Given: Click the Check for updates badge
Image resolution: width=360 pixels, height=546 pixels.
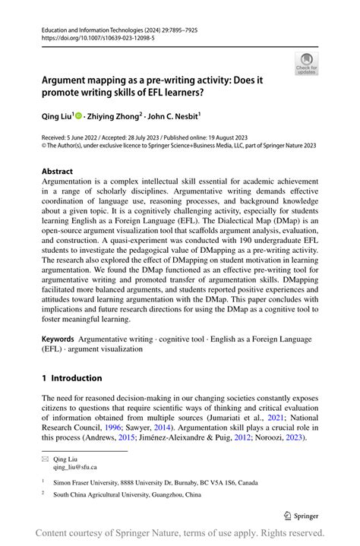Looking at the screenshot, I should pyautogui.click(x=306, y=64).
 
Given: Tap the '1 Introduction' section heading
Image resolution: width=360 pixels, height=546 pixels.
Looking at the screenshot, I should pyautogui.click(x=71, y=378).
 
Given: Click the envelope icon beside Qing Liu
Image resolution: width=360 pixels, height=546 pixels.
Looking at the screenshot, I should pyautogui.click(x=45, y=458).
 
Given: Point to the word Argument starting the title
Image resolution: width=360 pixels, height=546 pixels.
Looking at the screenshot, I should pyautogui.click(x=68, y=79).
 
